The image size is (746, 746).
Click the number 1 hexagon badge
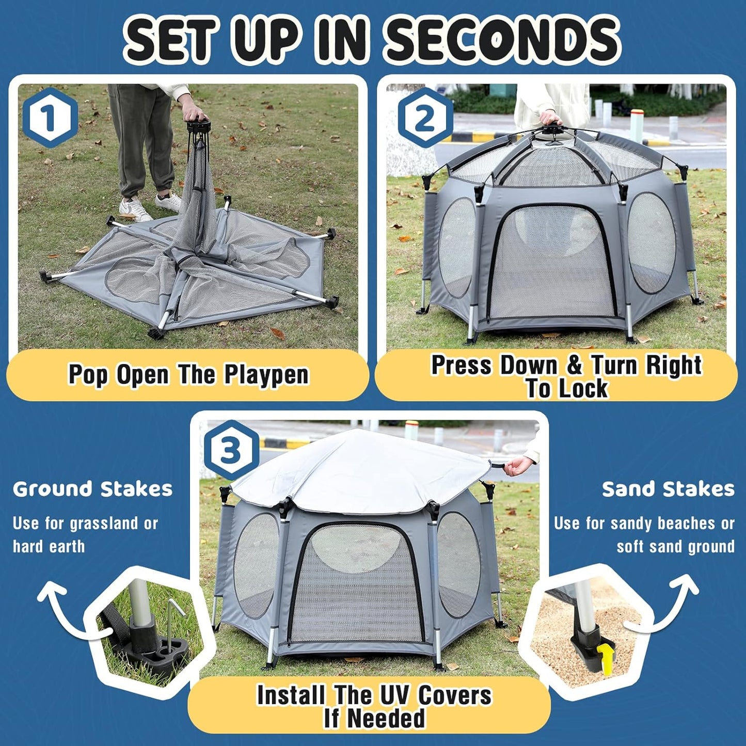click(50, 118)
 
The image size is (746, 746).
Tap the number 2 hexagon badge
click(424, 118)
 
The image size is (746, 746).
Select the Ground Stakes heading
click(92, 489)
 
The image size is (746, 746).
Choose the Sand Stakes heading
click(668, 489)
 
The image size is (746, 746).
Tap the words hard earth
click(49, 547)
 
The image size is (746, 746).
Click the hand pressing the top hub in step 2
click(550, 118)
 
